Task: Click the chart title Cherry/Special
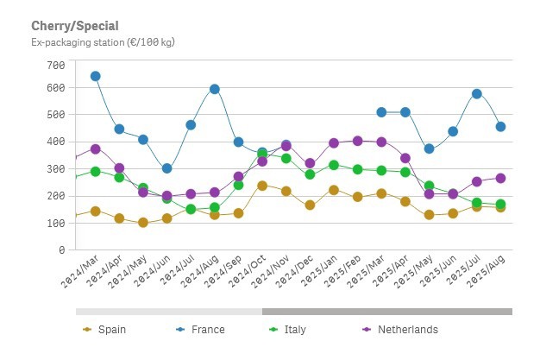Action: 75,27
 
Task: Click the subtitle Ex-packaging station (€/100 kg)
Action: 103,41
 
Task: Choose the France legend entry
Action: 208,329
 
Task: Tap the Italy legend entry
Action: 294,329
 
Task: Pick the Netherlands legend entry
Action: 407,329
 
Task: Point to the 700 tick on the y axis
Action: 56,66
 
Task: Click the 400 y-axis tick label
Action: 56,142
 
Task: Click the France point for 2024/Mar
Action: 95,76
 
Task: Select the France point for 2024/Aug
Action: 214,89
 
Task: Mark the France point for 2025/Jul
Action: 476,93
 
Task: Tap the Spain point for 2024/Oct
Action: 262,186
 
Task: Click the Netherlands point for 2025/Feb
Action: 357,141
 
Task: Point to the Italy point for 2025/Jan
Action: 334,165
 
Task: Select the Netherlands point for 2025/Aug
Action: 500,178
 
